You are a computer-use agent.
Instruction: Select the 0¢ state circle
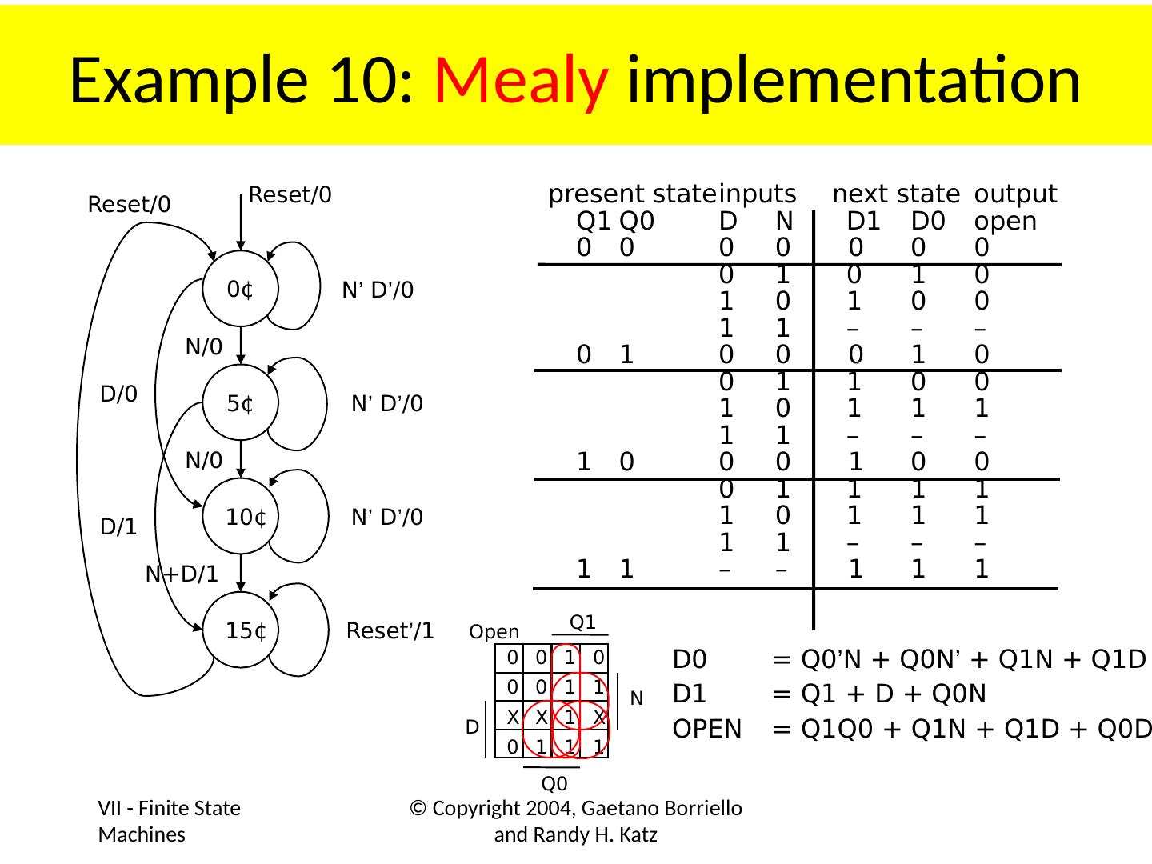point(240,289)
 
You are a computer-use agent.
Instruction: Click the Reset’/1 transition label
point(390,631)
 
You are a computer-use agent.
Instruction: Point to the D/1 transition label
point(118,528)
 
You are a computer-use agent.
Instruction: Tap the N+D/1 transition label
point(182,574)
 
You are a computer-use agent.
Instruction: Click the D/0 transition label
point(118,394)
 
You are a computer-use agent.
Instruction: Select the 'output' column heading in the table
point(1015,194)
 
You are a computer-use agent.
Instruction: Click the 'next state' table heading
point(895,194)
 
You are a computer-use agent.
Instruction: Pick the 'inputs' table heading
point(757,194)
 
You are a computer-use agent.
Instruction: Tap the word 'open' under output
point(1006,221)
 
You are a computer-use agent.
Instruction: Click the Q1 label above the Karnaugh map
point(582,622)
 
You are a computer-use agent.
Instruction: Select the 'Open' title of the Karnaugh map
point(494,632)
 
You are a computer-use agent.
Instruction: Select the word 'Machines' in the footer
point(142,835)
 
